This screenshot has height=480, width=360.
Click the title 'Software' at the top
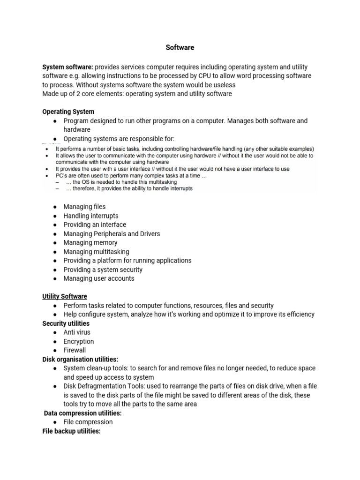pyautogui.click(x=180, y=48)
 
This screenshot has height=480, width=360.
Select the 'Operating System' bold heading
pyautogui.click(x=68, y=112)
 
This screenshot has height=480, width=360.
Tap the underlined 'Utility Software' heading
pyautogui.click(x=64, y=297)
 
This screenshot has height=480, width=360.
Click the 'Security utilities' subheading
pyautogui.click(x=66, y=323)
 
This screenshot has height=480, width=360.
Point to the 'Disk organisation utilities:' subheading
pyautogui.click(x=80, y=360)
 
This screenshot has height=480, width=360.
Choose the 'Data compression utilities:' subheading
pyautogui.click(x=82, y=413)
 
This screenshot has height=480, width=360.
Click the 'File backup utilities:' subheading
pyautogui.click(x=71, y=431)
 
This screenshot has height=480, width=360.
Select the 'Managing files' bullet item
pyautogui.click(x=84, y=207)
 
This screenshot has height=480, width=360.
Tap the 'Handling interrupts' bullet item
pyautogui.click(x=91, y=216)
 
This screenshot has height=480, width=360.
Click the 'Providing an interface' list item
pyautogui.click(x=95, y=225)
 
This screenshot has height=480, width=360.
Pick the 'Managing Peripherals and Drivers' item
pyautogui.click(x=112, y=234)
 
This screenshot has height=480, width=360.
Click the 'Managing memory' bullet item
pyautogui.click(x=90, y=243)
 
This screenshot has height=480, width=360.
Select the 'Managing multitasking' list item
pyautogui.click(x=96, y=252)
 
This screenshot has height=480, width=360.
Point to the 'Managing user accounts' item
pyautogui.click(x=99, y=278)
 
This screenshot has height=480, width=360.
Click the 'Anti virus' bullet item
pyautogui.click(x=77, y=332)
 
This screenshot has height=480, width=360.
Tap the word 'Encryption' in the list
pyautogui.click(x=79, y=342)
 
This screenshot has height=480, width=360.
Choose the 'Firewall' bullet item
pyautogui.click(x=75, y=350)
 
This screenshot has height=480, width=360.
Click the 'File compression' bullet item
pyautogui.click(x=88, y=422)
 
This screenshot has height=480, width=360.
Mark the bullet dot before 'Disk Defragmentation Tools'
pyautogui.click(x=55, y=386)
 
